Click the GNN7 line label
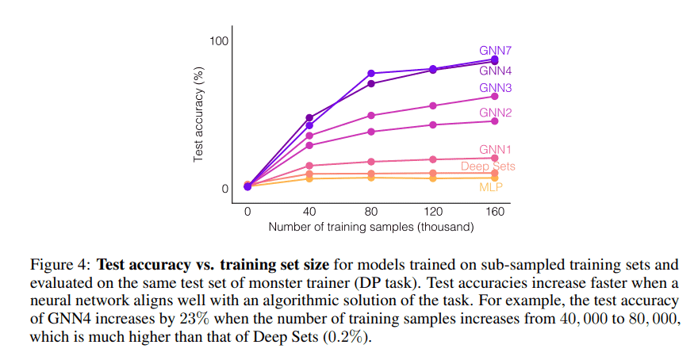pyautogui.click(x=494, y=50)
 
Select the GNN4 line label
pyautogui.click(x=494, y=71)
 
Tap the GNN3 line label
pyautogui.click(x=494, y=88)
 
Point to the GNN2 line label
pyautogui.click(x=494, y=113)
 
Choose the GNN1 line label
pyautogui.click(x=494, y=150)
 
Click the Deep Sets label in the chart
pyautogui.click(x=488, y=167)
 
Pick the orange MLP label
pyautogui.click(x=491, y=187)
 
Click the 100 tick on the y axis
pyautogui.click(x=218, y=40)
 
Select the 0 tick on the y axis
pyautogui.click(x=224, y=189)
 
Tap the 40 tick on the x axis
pyautogui.click(x=309, y=212)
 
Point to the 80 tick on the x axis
pyautogui.click(x=371, y=212)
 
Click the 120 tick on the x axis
pyautogui.click(x=433, y=212)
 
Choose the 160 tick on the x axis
pyautogui.click(x=495, y=212)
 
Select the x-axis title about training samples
pyautogui.click(x=371, y=227)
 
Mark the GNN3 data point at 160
pyautogui.click(x=495, y=97)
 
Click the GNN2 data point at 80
pyautogui.click(x=371, y=132)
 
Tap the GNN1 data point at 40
pyautogui.click(x=309, y=166)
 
